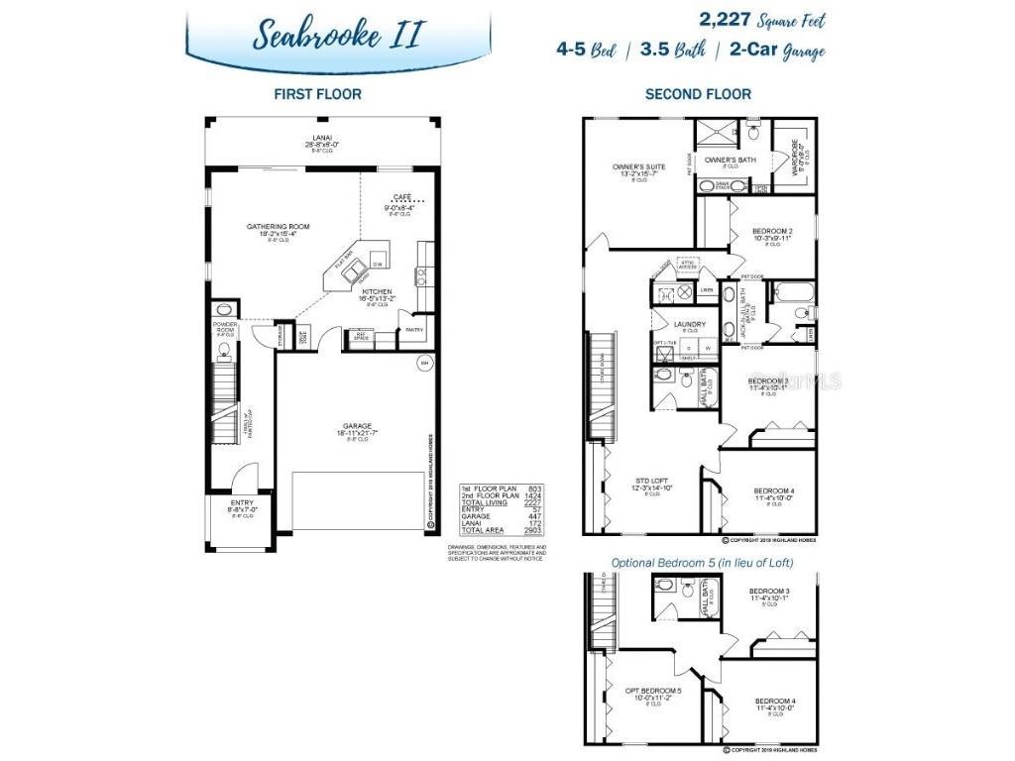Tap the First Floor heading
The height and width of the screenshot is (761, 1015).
(x=317, y=94)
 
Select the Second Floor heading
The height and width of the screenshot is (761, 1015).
(x=698, y=94)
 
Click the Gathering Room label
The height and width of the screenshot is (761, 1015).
(x=279, y=227)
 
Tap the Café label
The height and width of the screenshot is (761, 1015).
(x=401, y=197)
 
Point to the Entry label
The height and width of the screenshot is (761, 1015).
(x=243, y=502)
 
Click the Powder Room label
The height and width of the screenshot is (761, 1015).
(x=225, y=327)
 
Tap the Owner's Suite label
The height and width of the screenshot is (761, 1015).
(x=638, y=166)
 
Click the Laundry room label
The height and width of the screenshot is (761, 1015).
(x=689, y=324)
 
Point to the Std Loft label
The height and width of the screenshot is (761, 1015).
(x=654, y=479)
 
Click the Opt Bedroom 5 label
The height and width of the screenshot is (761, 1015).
(x=653, y=690)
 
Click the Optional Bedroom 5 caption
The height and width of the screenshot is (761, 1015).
(x=701, y=563)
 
